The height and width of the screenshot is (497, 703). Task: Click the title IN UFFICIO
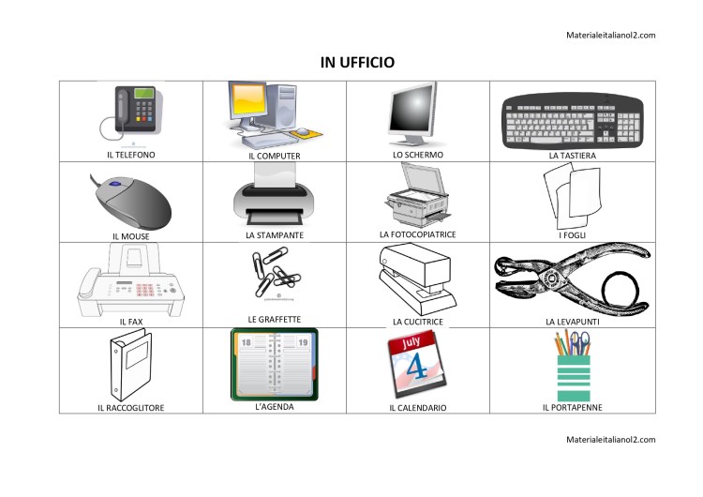point(357,62)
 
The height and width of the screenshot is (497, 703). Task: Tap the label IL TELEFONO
point(130,154)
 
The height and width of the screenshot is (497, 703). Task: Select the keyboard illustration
point(572,120)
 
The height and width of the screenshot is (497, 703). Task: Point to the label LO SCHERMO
point(418,154)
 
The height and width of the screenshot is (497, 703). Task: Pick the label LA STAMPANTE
point(275,234)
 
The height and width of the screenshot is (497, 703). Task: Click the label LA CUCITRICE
point(417,322)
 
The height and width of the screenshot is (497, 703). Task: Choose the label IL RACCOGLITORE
point(130,408)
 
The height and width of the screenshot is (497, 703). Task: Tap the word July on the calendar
point(411,344)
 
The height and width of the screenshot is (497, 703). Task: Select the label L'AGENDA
point(275,407)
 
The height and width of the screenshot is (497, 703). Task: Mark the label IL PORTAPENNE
point(572,408)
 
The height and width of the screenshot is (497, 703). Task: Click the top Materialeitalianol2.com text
point(610,35)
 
